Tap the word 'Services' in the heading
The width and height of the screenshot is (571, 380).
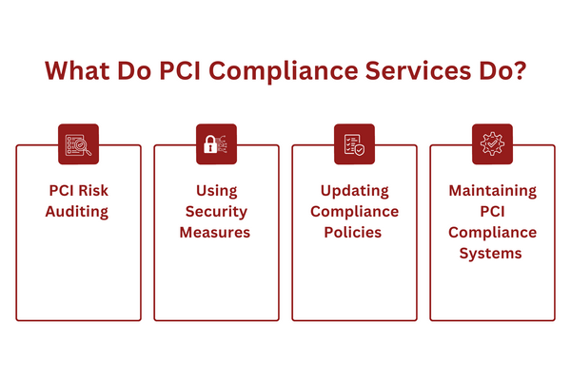coord(411,73)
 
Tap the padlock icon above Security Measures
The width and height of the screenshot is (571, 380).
coord(216,144)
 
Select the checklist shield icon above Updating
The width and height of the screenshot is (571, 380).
coord(354,144)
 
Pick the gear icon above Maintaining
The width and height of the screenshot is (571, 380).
coord(492,144)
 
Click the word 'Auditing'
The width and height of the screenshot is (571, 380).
coord(78,212)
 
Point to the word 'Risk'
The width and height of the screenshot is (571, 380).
coord(94,191)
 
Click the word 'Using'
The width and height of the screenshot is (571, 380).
coord(216,191)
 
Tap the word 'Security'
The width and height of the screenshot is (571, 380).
coord(216,212)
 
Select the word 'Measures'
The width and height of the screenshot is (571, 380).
coord(216,233)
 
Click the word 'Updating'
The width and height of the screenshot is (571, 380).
coord(354,191)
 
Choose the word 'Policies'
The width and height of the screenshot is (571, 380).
coord(354,233)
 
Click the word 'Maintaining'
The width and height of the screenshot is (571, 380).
coord(492,191)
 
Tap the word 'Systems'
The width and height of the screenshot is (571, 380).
coord(492,254)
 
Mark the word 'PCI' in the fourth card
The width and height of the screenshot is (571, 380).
coord(492,212)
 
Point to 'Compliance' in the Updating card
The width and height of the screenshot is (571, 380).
coord(354,212)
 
